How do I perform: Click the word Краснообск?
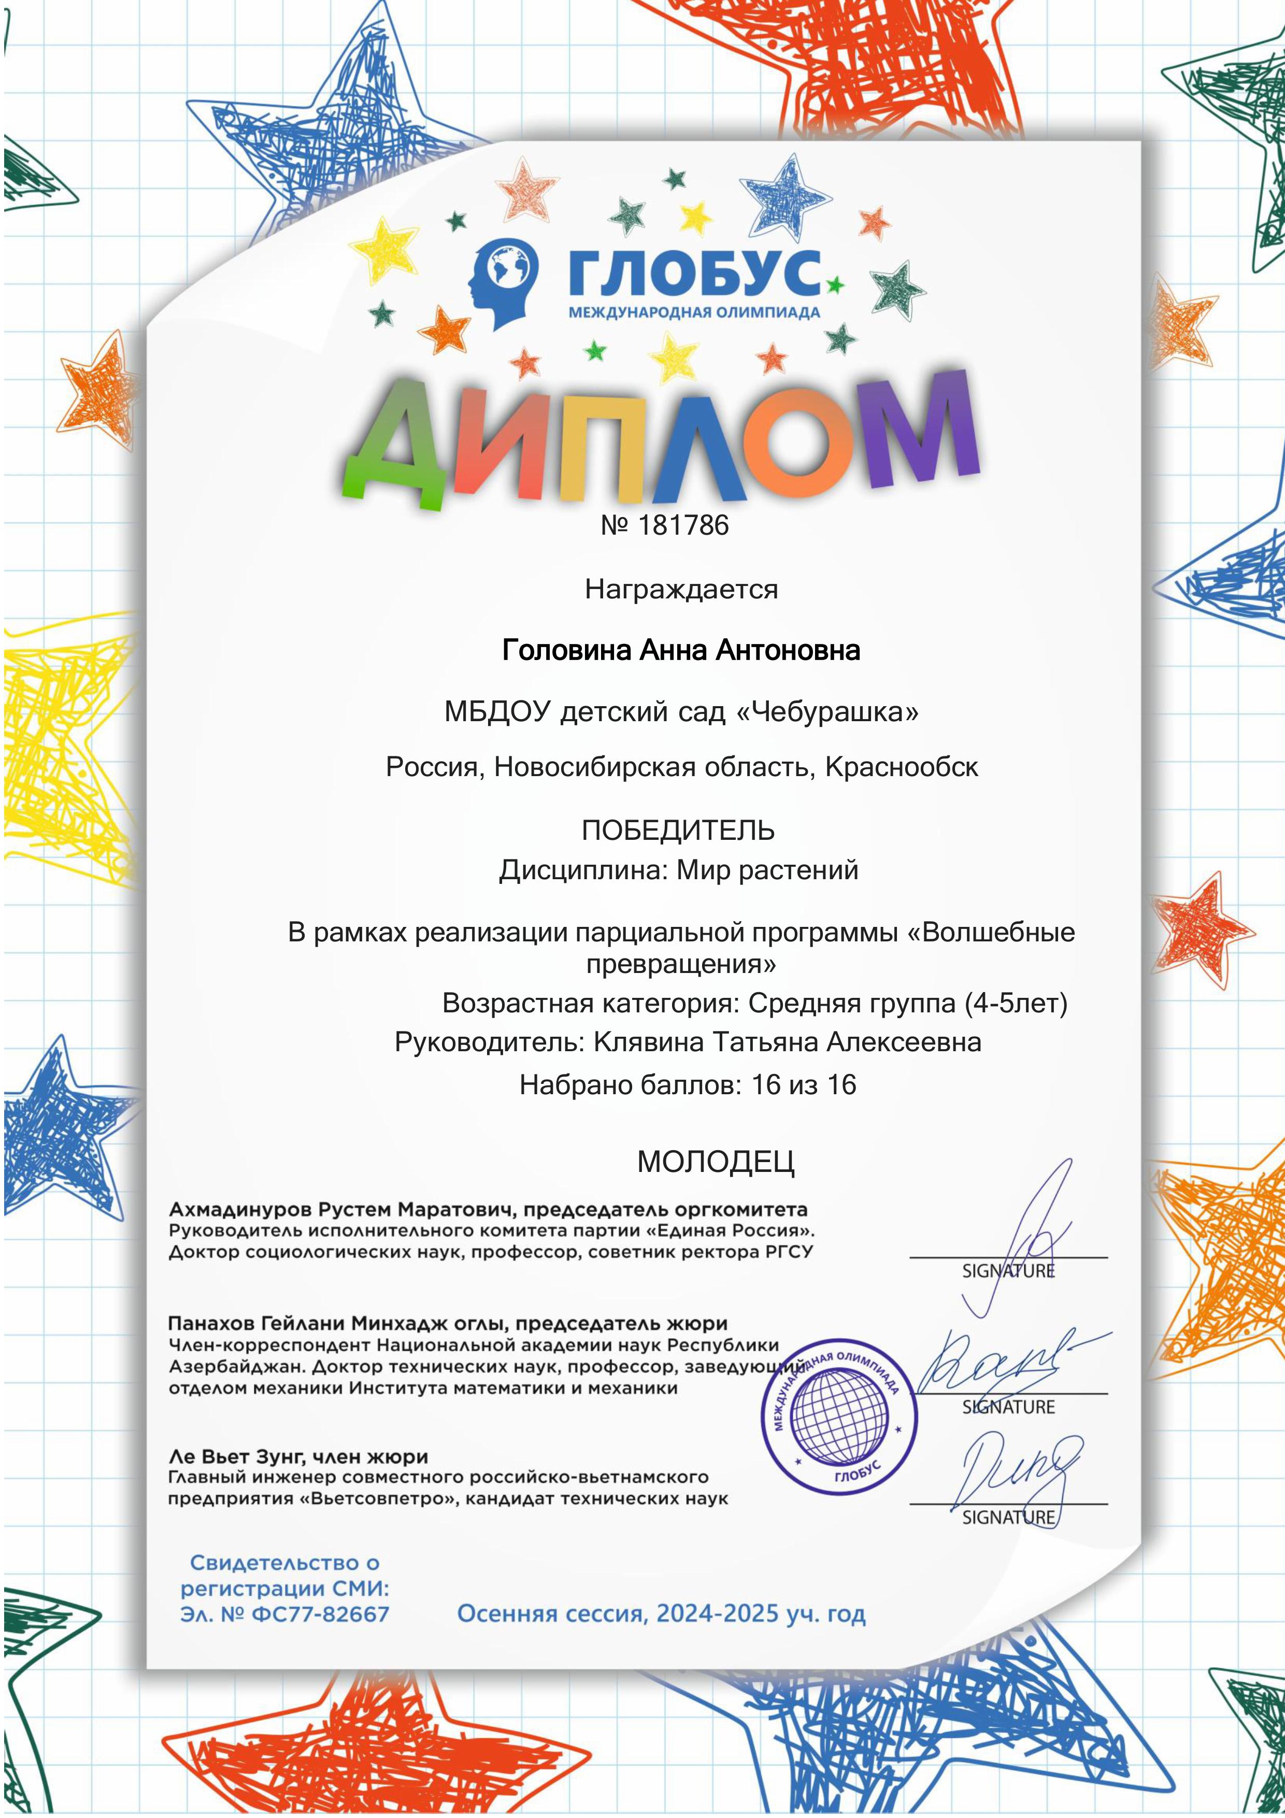902,766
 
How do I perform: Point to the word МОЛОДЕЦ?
716,1162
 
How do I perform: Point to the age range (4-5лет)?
1016,1003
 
